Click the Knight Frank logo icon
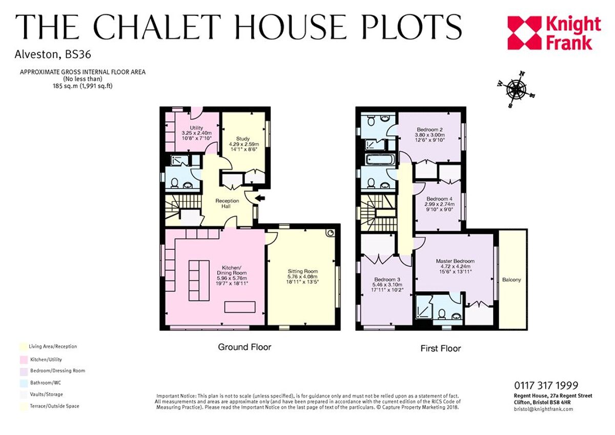pyautogui.click(x=524, y=33)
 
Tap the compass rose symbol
pyautogui.click(x=516, y=89)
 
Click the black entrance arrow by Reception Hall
pyautogui.click(x=261, y=197)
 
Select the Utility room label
pyautogui.click(x=197, y=128)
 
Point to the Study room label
pyautogui.click(x=243, y=139)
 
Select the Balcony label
pyautogui.click(x=511, y=280)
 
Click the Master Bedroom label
pyautogui.click(x=455, y=261)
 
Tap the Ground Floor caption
pyautogui.click(x=244, y=347)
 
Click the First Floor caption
pyautogui.click(x=440, y=348)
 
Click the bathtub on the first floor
pyautogui.click(x=379, y=160)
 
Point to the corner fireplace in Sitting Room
pyautogui.click(x=332, y=232)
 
